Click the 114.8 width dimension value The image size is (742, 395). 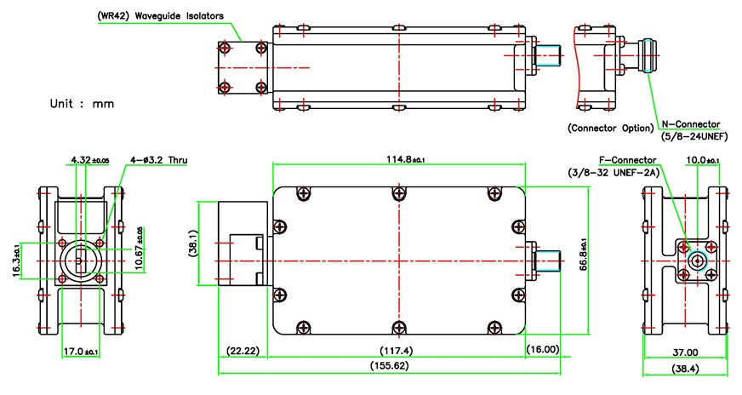coord(406,159)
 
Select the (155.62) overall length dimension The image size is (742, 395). coord(390,366)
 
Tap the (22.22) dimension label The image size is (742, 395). coord(243,351)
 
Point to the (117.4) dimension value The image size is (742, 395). coord(397,351)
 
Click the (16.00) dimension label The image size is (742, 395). coord(543,350)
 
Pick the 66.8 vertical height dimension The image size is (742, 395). coord(583,254)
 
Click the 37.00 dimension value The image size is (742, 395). coord(685,352)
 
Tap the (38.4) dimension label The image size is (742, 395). coord(685,368)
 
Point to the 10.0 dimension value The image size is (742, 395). coord(703,161)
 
